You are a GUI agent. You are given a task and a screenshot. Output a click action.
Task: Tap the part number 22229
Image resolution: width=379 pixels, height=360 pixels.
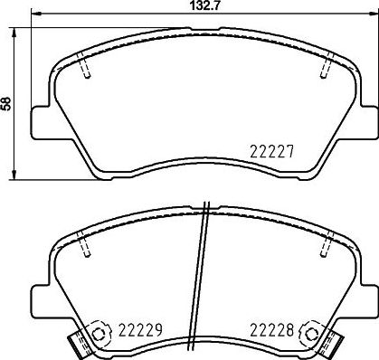140,330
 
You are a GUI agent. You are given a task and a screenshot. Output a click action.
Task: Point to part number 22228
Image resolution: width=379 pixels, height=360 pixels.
270,330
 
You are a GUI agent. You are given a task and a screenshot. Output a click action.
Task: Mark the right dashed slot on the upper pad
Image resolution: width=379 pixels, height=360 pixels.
326,67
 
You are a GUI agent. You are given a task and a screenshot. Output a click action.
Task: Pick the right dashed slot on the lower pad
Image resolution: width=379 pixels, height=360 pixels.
326,243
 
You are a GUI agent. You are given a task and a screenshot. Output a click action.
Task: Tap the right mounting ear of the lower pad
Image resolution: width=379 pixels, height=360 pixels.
368,297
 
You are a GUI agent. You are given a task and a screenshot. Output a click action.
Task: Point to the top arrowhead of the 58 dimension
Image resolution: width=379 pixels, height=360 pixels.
14,28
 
